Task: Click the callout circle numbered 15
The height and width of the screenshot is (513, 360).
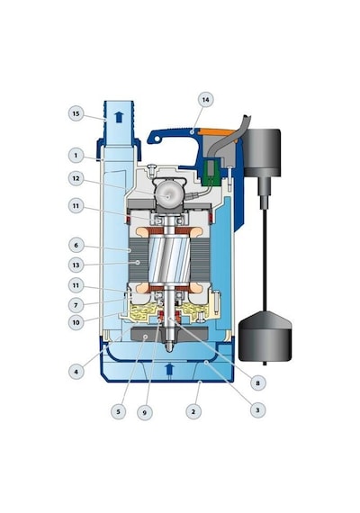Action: [x=76, y=113]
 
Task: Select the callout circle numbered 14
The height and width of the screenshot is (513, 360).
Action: [x=205, y=99]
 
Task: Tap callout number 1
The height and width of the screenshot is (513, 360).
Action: [x=76, y=155]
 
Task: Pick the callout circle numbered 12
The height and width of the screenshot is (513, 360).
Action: [x=76, y=178]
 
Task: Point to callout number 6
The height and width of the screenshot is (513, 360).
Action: [x=76, y=245]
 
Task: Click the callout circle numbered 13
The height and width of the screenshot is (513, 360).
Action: [x=76, y=265]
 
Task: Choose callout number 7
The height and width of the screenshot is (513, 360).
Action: [x=76, y=305]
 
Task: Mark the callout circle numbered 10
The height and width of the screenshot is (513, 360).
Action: [x=76, y=322]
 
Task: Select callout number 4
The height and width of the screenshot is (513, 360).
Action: [x=76, y=372]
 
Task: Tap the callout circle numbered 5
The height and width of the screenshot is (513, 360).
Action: [x=119, y=411]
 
